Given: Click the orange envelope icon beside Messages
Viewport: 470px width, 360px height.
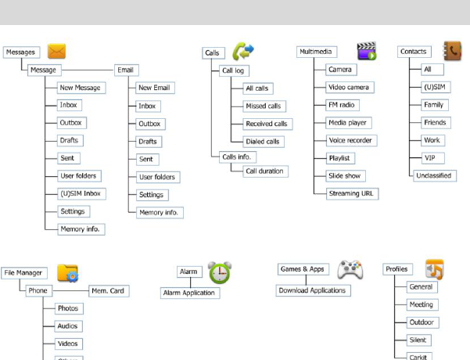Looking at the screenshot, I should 56,52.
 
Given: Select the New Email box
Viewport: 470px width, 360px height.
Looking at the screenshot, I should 153,88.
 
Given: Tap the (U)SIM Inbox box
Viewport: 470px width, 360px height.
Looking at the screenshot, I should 81,194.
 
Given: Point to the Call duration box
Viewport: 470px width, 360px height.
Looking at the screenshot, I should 265,171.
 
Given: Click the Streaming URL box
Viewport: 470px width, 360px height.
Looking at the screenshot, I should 352,193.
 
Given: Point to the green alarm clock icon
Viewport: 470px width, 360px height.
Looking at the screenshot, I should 220,272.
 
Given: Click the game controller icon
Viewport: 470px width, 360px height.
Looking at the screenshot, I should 349,271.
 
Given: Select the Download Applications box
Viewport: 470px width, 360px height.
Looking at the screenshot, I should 314,290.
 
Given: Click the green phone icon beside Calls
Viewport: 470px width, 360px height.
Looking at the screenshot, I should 243,52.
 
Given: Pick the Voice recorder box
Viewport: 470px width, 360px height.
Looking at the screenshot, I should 350,141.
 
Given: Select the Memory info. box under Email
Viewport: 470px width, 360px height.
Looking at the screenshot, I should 160,212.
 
